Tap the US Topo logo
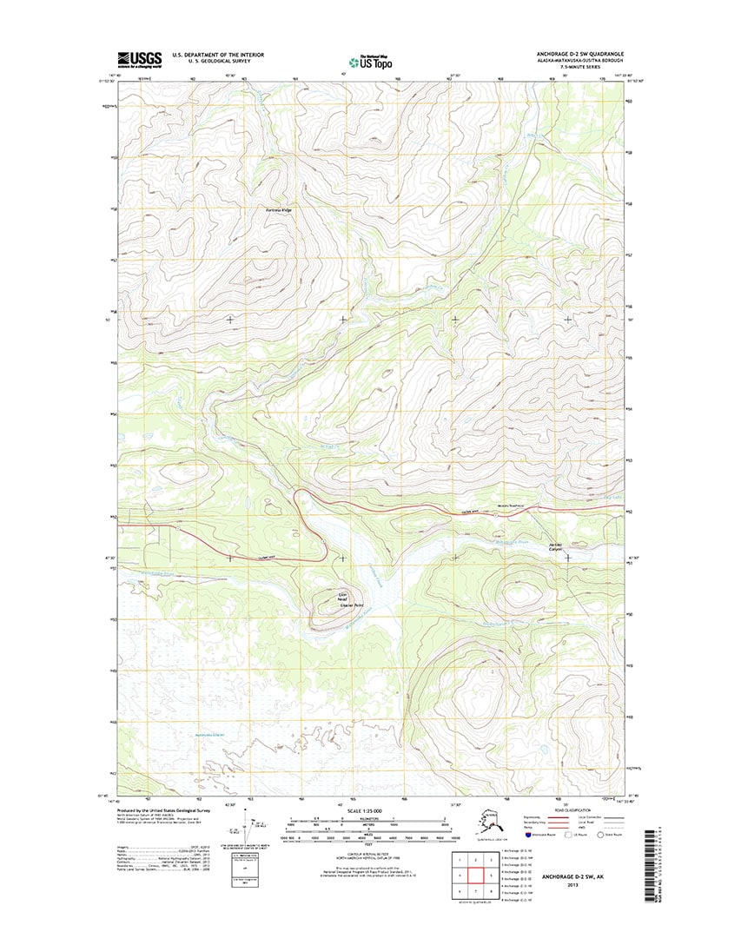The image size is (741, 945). (371, 62)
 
